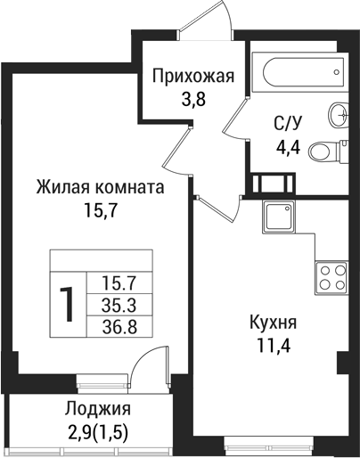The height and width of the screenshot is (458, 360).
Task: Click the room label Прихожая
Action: pyautogui.click(x=192, y=76)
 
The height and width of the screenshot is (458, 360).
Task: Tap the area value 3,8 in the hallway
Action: pyautogui.click(x=192, y=99)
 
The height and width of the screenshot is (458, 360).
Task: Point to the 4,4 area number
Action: pyautogui.click(x=288, y=148)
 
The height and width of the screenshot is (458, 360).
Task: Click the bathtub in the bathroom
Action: pyautogui.click(x=298, y=68)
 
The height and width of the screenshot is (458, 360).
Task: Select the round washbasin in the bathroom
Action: pyautogui.click(x=338, y=113)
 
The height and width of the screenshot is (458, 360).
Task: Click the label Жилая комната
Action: pyautogui.click(x=100, y=189)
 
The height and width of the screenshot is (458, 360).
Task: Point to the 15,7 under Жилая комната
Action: pyautogui.click(x=100, y=212)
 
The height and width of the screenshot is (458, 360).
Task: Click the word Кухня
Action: pyautogui.click(x=273, y=322)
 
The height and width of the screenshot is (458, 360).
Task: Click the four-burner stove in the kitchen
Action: pyautogui.click(x=332, y=276)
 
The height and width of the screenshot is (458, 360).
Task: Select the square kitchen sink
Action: pyautogui.click(x=278, y=217)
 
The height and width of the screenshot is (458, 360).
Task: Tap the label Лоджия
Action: pyautogui.click(x=98, y=410)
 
